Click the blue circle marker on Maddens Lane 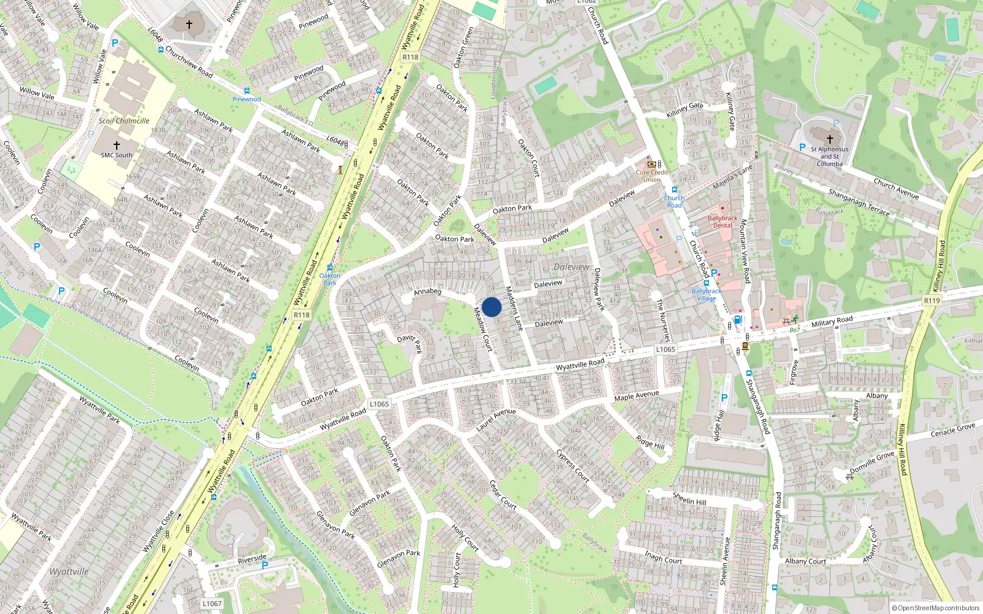(491, 307)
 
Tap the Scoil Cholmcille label (124, 121)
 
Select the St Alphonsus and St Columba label (829, 157)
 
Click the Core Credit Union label (652, 176)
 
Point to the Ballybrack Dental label (723, 222)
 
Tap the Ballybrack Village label (707, 295)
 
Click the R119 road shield (931, 300)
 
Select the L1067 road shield (212, 604)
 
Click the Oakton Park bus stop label (330, 279)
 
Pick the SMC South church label (117, 155)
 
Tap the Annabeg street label (428, 292)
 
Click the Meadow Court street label (483, 329)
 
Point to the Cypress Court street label (573, 466)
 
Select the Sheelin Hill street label (689, 499)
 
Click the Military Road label (832, 322)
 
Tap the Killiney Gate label (685, 110)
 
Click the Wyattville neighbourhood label (69, 572)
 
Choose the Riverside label (252, 559)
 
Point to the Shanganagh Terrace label (859, 202)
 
